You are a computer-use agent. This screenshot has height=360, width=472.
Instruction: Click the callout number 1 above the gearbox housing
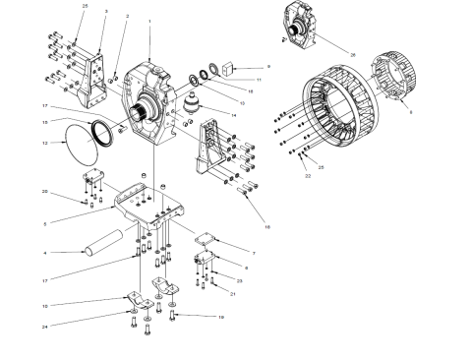click(148, 22)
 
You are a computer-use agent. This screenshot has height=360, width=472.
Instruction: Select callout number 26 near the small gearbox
click(352, 52)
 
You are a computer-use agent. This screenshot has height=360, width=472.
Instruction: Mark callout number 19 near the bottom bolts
click(222, 318)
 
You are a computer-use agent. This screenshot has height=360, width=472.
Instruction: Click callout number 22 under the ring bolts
click(307, 176)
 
